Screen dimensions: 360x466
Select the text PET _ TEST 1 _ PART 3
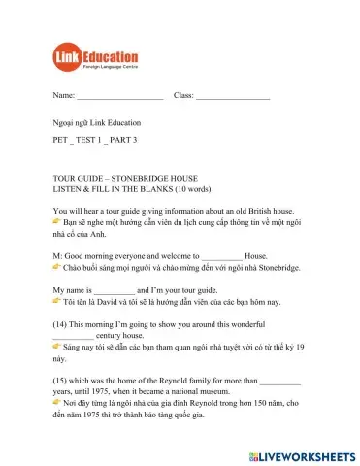point(96,140)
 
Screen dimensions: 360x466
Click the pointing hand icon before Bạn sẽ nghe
point(57,223)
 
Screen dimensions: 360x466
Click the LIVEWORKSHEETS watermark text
point(310,455)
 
